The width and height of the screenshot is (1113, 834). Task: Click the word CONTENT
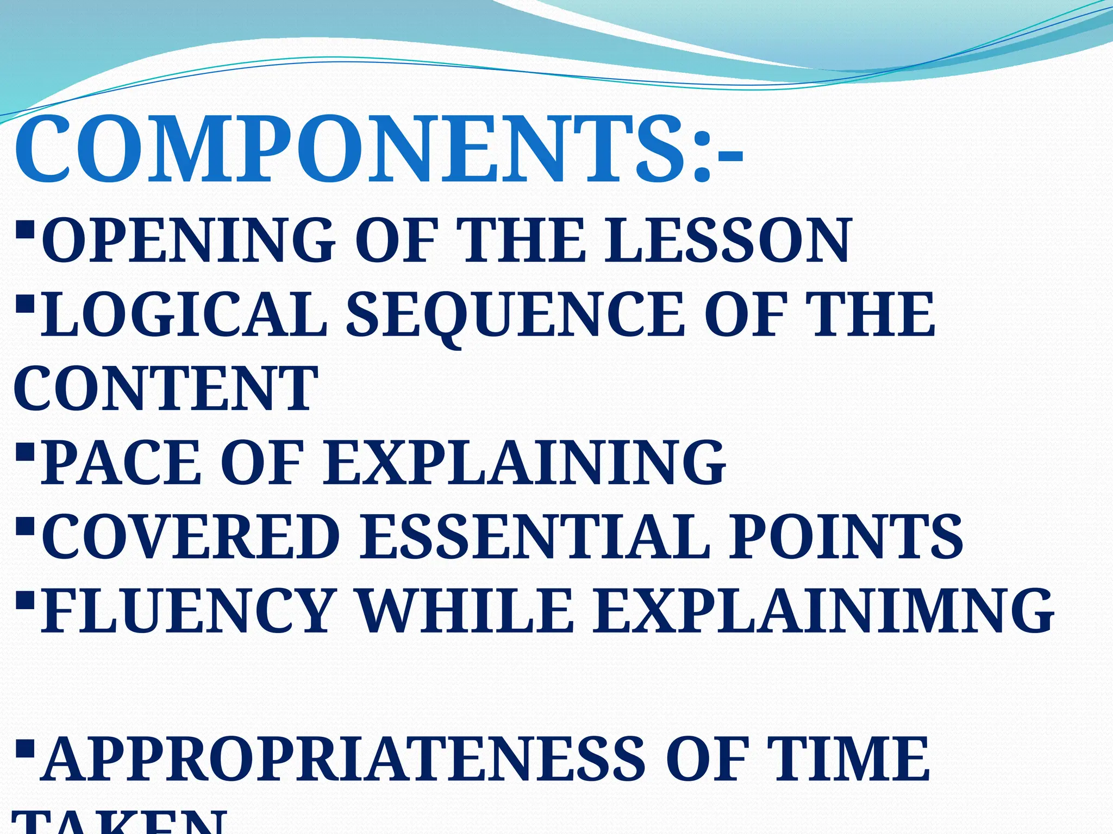pos(165,389)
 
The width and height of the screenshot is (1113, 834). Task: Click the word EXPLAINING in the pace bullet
pos(524,463)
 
